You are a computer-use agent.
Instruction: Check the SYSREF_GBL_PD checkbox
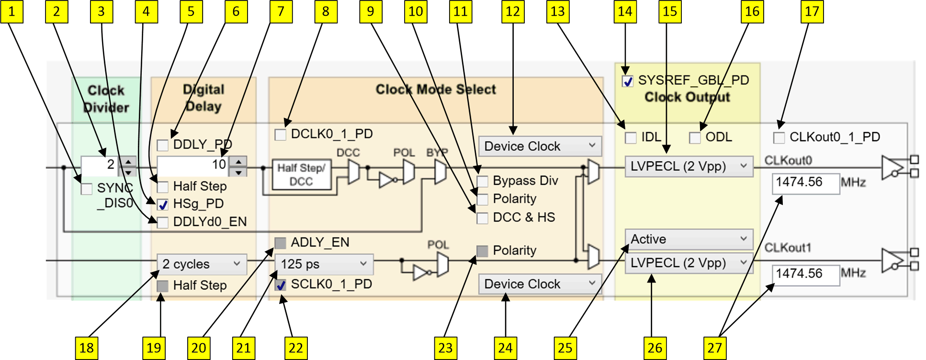click(627, 81)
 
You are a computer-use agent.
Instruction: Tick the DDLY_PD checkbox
click(163, 145)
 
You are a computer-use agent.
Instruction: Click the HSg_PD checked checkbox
click(163, 205)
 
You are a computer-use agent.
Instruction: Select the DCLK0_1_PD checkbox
click(281, 135)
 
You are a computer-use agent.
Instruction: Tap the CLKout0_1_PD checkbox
click(779, 138)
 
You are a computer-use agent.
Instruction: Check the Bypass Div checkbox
click(483, 181)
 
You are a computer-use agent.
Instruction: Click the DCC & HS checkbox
click(483, 218)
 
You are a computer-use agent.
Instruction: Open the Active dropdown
click(689, 239)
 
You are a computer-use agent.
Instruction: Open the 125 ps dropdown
click(324, 264)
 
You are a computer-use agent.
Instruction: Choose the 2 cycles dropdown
click(202, 264)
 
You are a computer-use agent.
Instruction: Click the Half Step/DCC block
click(301, 175)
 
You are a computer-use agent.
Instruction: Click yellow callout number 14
click(625, 11)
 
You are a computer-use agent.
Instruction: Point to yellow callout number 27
click(714, 348)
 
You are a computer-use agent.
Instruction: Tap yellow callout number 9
click(371, 11)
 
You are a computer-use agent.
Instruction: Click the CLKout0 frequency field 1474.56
click(805, 183)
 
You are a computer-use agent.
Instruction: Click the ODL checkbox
click(695, 138)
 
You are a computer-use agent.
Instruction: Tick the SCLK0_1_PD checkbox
click(281, 285)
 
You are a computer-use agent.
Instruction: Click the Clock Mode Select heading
click(435, 90)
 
